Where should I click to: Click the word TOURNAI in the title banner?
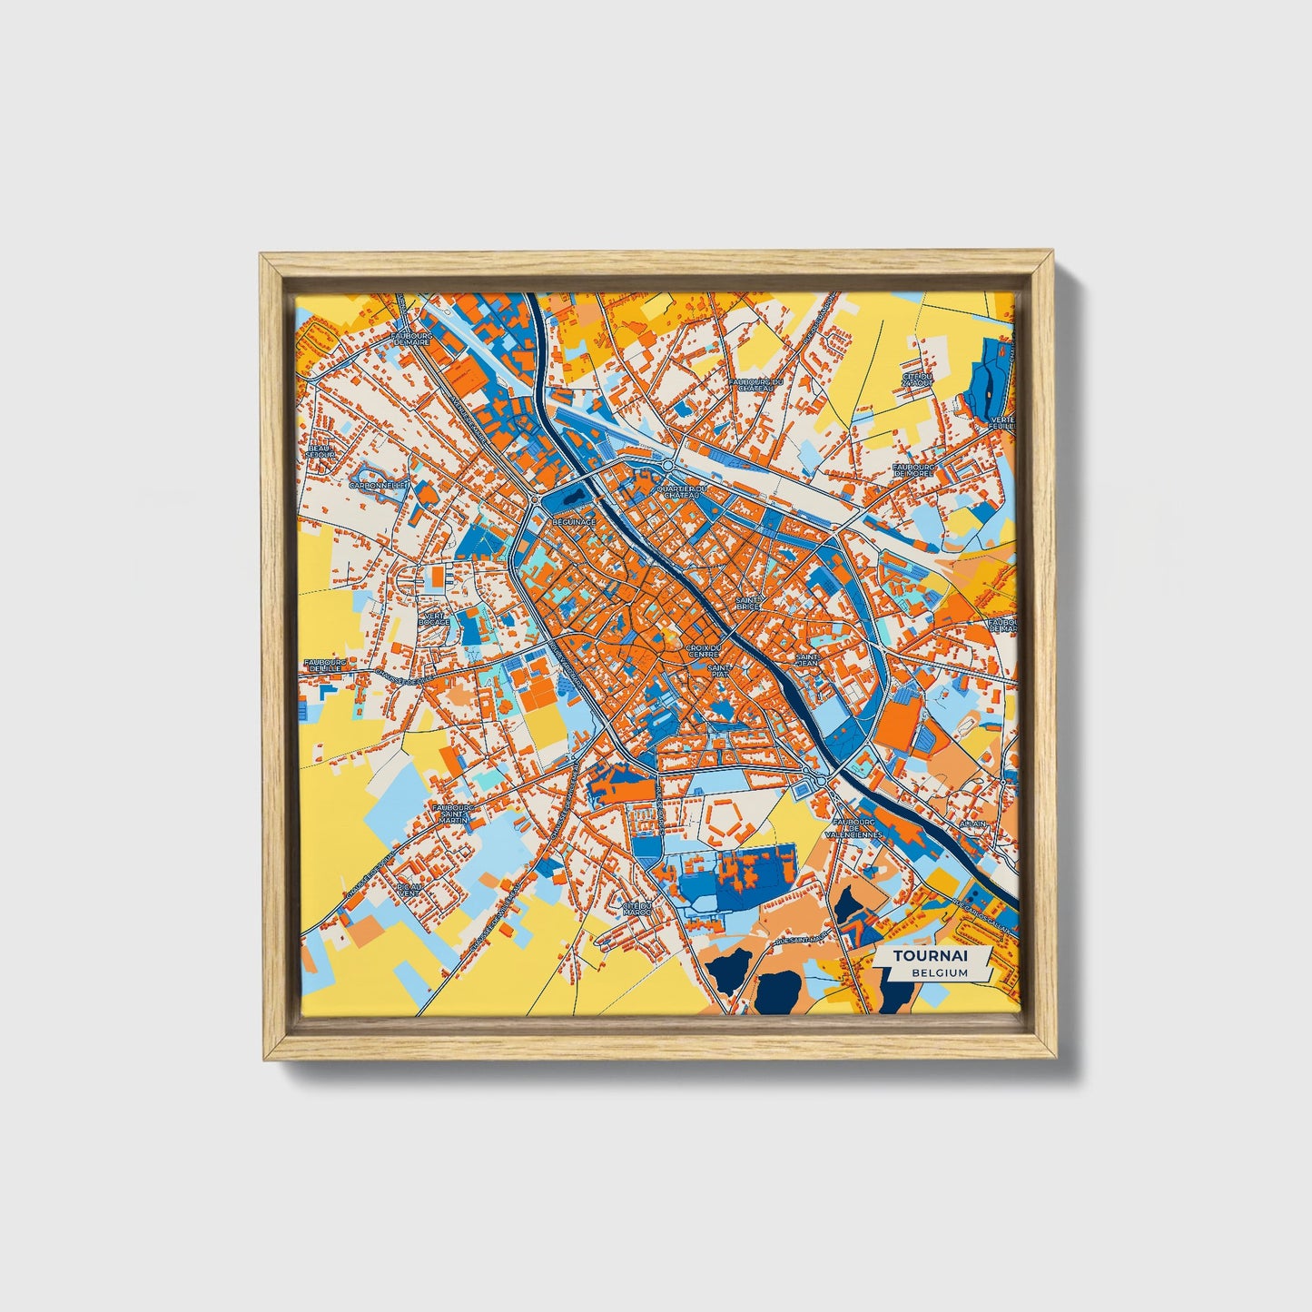(x=930, y=956)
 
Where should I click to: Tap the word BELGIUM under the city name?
(x=941, y=972)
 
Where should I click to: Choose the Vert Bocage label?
(x=434, y=619)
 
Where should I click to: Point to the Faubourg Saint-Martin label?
(x=451, y=813)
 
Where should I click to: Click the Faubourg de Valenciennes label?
(x=853, y=828)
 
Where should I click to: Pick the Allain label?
(x=972, y=824)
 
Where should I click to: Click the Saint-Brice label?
(x=749, y=603)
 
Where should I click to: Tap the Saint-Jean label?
(x=807, y=660)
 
